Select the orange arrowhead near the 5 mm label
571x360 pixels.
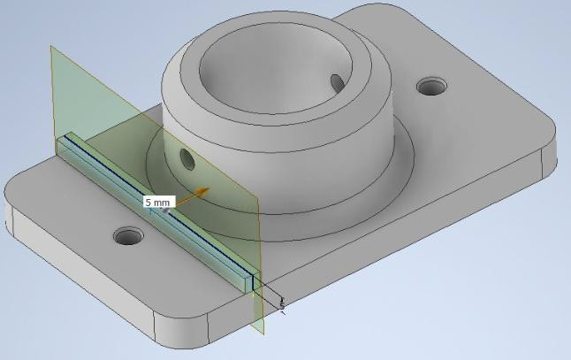[x=203, y=189]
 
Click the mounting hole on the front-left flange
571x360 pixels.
[x=128, y=236]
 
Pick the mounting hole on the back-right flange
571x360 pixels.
[x=432, y=87]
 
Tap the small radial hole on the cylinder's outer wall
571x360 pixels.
[x=187, y=159]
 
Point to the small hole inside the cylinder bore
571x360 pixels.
[x=336, y=82]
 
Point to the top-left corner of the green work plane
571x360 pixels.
[x=52, y=48]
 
